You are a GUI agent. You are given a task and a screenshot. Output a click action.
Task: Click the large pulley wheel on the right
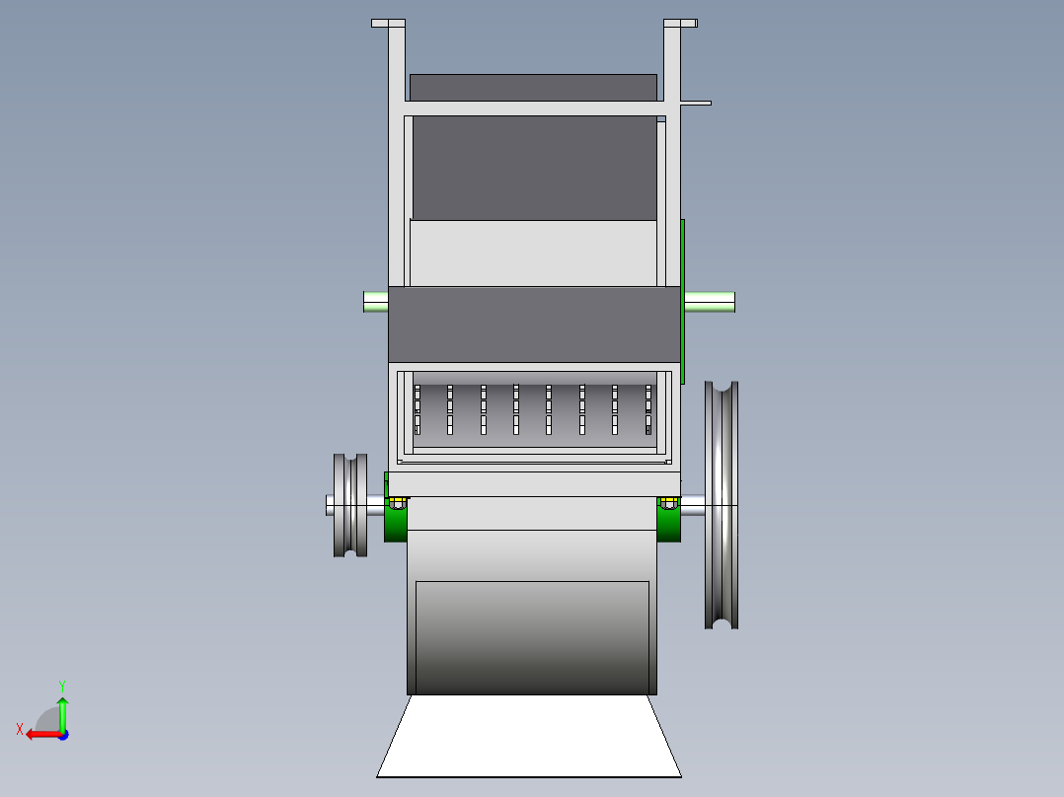click(x=722, y=504)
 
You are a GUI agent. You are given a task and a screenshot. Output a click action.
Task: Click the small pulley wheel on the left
click(x=350, y=505)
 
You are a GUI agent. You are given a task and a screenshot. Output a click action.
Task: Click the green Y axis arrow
click(x=62, y=708)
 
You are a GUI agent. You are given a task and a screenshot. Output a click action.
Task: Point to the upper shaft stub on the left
click(x=375, y=301)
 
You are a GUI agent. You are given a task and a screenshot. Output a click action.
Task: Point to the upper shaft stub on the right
click(x=709, y=302)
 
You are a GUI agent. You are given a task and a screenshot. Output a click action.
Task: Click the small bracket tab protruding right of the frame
click(x=696, y=103)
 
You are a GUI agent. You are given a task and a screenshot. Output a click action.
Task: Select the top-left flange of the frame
click(x=388, y=23)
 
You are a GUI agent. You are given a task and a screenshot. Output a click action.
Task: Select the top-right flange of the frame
click(x=680, y=23)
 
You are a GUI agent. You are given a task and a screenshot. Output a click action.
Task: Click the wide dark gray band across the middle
click(x=533, y=324)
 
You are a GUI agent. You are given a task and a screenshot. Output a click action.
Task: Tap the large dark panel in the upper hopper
click(x=533, y=168)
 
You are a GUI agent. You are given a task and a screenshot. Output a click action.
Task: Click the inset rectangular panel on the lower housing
click(x=532, y=636)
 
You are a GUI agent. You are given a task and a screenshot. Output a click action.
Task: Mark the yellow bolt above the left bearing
click(x=397, y=503)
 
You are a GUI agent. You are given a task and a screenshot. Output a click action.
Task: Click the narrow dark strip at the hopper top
click(x=533, y=87)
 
